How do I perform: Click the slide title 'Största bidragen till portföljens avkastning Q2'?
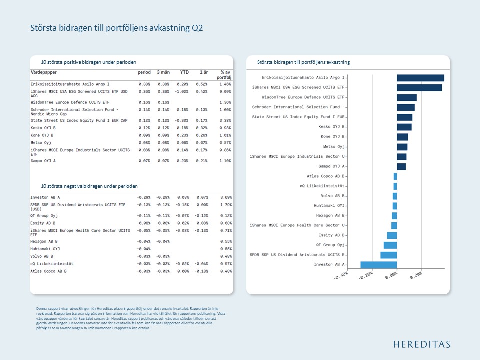pyautogui.click(x=116, y=28)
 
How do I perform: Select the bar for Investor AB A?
pyautogui.click(x=379, y=265)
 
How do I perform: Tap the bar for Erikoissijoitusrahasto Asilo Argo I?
pyautogui.click(x=420, y=78)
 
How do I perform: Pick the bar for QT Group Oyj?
pyautogui.click(x=390, y=245)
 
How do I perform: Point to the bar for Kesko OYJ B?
pyautogui.click(x=404, y=127)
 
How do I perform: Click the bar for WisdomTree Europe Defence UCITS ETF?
pyautogui.click(x=407, y=97)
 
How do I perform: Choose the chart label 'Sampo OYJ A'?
pyautogui.click(x=332, y=166)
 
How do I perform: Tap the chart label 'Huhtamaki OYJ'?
pyautogui.click(x=329, y=206)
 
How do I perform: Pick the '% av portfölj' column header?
pyautogui.click(x=224, y=75)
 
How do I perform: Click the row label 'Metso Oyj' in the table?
pyautogui.click(x=41, y=143)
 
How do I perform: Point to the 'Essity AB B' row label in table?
pyautogui.click(x=43, y=223)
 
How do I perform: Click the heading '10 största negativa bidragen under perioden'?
pyautogui.click(x=89, y=186)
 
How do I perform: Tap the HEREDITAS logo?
pyautogui.click(x=421, y=344)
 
